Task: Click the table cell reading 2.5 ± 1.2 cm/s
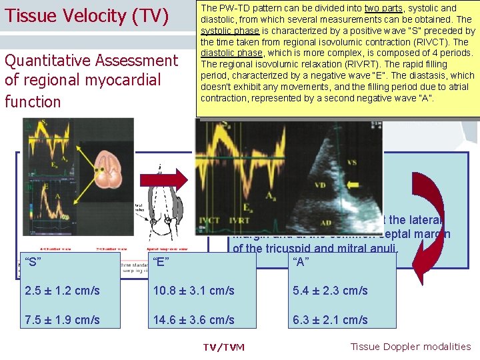(62, 291)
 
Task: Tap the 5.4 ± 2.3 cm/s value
(330, 291)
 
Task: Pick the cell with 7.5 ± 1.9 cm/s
(62, 320)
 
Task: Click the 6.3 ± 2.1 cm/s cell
(330, 320)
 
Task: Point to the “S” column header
(34, 261)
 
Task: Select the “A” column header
(302, 261)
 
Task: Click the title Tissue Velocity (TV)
(87, 16)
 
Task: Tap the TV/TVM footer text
(223, 347)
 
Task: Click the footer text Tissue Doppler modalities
(410, 346)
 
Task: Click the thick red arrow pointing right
(173, 180)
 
